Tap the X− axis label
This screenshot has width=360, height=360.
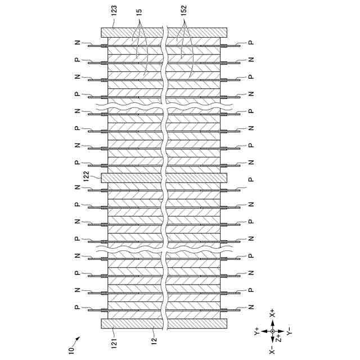pos(272,350)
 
